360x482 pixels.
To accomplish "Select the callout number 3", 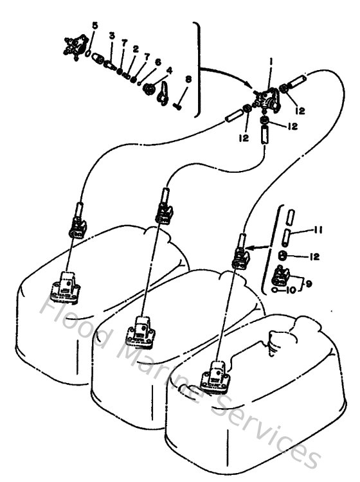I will [x=111, y=36].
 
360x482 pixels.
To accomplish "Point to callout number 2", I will [x=136, y=48].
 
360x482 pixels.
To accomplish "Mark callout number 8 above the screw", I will [x=188, y=79].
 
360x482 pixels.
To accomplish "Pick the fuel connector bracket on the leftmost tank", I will [x=66, y=285].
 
